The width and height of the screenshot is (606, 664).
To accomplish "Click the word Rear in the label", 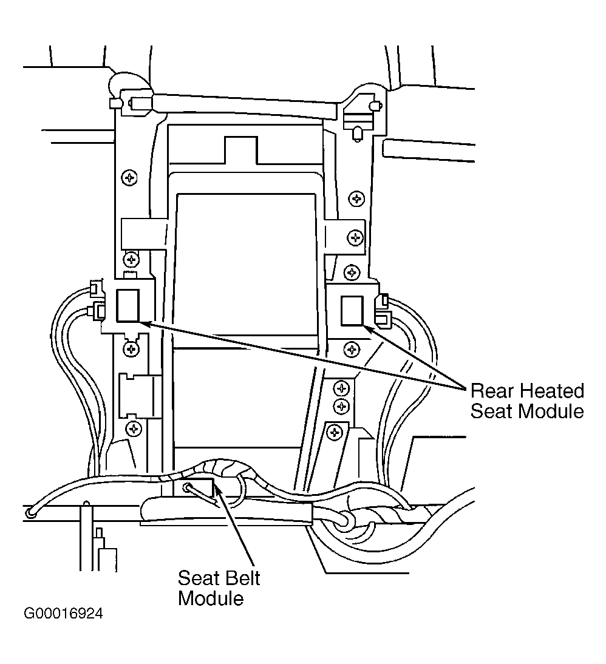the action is click(x=491, y=391).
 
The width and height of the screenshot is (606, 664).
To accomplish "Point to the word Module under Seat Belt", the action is click(x=211, y=598).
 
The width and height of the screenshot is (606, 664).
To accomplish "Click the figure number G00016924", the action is click(x=63, y=614).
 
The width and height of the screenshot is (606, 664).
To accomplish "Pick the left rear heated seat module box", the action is click(x=128, y=305).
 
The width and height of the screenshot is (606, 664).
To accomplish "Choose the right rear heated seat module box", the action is click(x=352, y=311).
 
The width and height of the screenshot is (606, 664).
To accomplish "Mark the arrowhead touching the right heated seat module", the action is click(x=368, y=330).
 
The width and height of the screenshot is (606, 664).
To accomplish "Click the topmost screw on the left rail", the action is click(x=129, y=177).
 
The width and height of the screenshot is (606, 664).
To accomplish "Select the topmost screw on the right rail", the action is click(x=356, y=198).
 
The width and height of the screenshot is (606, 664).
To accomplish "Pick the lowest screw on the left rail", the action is click(x=134, y=429).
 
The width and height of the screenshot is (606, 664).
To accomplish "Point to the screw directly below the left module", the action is click(x=131, y=349).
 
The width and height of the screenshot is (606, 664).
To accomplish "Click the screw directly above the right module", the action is click(x=352, y=273).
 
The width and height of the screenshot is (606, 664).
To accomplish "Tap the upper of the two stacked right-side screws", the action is click(x=341, y=387).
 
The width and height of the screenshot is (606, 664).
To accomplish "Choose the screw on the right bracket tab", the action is click(x=355, y=237).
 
